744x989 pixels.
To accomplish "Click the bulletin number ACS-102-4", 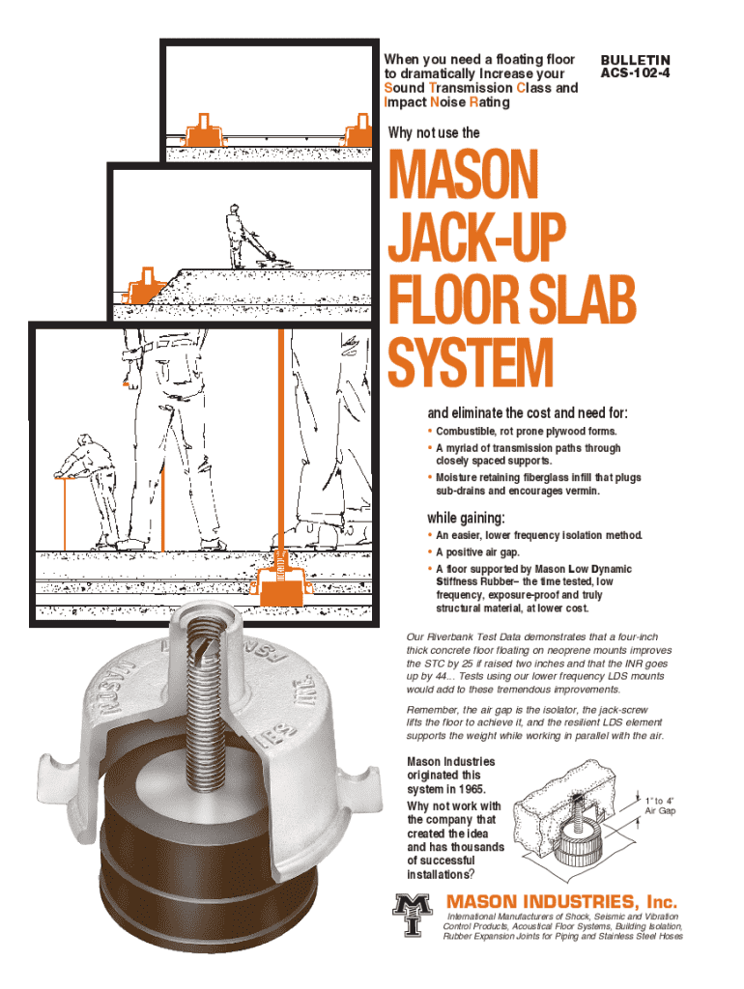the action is coord(635,73).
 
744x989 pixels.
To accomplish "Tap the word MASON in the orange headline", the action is coord(463,174).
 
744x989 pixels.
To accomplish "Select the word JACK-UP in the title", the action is coord(477,237).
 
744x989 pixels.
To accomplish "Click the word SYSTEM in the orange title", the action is coord(471,362).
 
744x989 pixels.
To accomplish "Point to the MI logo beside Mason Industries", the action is coord(412,914).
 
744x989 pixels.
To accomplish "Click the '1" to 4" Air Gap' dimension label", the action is coord(659,805).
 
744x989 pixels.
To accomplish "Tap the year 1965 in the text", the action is coord(472,789).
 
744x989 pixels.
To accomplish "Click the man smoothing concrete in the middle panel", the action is coord(249,237).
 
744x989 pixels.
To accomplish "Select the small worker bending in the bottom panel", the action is coord(88,490).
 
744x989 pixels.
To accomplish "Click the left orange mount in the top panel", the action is coord(203,131).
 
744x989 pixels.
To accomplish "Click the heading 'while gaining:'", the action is coord(466,518).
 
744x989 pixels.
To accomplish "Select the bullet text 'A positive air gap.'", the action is coord(477,551).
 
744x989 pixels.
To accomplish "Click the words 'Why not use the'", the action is coord(434,132).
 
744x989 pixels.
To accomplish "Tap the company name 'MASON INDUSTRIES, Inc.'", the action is coord(561,901).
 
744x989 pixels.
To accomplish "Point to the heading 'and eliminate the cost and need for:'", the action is coord(528,413).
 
